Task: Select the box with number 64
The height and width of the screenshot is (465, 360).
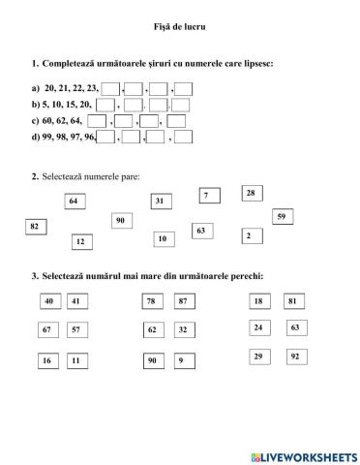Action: pos(75,201)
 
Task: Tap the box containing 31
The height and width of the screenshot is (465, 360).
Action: pos(161,201)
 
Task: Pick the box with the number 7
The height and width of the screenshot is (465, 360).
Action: pos(206,196)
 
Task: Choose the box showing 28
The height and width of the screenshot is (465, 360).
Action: pos(251,193)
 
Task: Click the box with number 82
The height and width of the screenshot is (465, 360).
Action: pos(35,226)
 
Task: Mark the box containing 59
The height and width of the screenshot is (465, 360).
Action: pos(282,216)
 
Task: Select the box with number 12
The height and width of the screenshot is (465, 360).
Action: pos(80,241)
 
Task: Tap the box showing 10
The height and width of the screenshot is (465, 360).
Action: pos(162,238)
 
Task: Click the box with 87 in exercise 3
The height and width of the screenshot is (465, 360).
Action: pos(181,301)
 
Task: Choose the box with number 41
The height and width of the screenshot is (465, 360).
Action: pos(76,301)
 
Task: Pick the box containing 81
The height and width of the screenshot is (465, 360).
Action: pos(292,301)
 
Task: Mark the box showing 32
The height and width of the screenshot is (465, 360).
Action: pos(181,330)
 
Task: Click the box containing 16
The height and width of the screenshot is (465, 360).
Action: pos(46,360)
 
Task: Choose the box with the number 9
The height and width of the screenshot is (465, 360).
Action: pos(181,360)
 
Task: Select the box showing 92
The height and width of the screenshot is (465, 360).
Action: pos(292,357)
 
